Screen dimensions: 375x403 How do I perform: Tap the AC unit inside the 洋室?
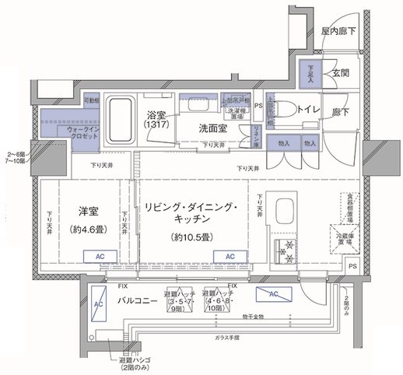click(100, 255)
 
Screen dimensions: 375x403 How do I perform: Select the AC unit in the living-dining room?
click(230, 255)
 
